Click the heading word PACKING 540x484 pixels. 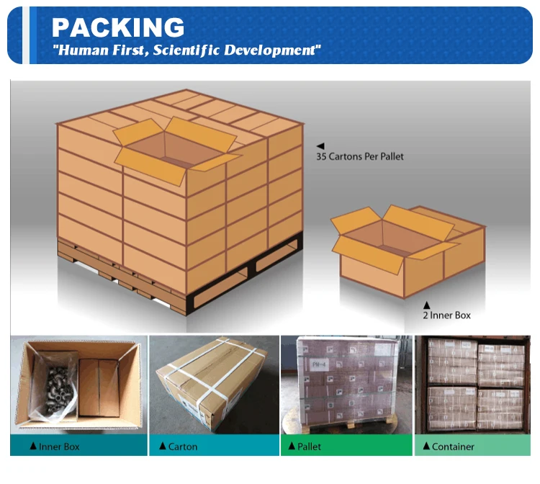point(118,27)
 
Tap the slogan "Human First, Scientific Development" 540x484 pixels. point(186,50)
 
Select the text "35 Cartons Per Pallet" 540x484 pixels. point(364,156)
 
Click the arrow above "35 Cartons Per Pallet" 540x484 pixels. point(320,145)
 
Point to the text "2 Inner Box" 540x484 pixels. point(446,315)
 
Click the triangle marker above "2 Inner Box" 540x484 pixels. point(426,305)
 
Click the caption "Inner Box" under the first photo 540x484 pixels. point(60,447)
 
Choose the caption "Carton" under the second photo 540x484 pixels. point(182,447)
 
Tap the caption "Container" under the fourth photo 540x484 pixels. point(453,447)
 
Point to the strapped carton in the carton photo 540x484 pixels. point(214,385)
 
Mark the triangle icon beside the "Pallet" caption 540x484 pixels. point(292,447)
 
